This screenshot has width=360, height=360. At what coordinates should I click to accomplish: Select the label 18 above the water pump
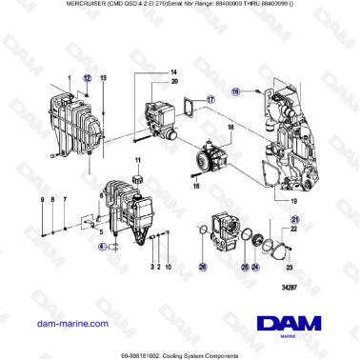(230, 127)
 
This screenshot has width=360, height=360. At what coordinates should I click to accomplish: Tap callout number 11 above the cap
(138, 161)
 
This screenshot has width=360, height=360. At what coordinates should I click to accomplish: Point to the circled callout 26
(202, 268)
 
